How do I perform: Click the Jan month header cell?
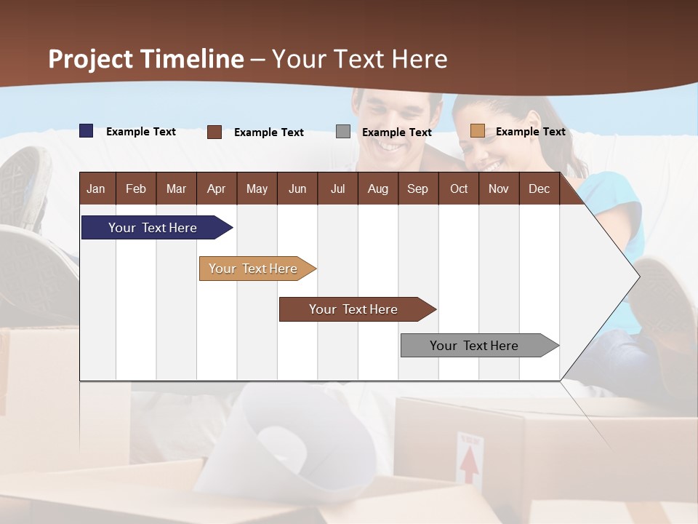pyautogui.click(x=96, y=188)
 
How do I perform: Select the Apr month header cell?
pyautogui.click(x=216, y=188)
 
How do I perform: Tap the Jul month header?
pyautogui.click(x=337, y=188)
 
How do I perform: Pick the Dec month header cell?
pyautogui.click(x=539, y=188)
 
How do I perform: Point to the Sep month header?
pyautogui.click(x=417, y=188)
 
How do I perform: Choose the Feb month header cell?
pyautogui.click(x=136, y=188)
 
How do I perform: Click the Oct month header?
pyautogui.click(x=459, y=188)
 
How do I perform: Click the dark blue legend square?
pyautogui.click(x=87, y=131)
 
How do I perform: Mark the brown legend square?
pyautogui.click(x=214, y=132)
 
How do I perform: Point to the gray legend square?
pyautogui.click(x=343, y=132)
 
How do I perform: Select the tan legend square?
pyautogui.click(x=478, y=131)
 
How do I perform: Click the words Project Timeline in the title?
pyautogui.click(x=146, y=59)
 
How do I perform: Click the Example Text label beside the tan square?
pyautogui.click(x=530, y=131)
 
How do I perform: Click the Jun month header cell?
pyautogui.click(x=297, y=188)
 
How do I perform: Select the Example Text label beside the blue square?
pyautogui.click(x=141, y=131)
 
